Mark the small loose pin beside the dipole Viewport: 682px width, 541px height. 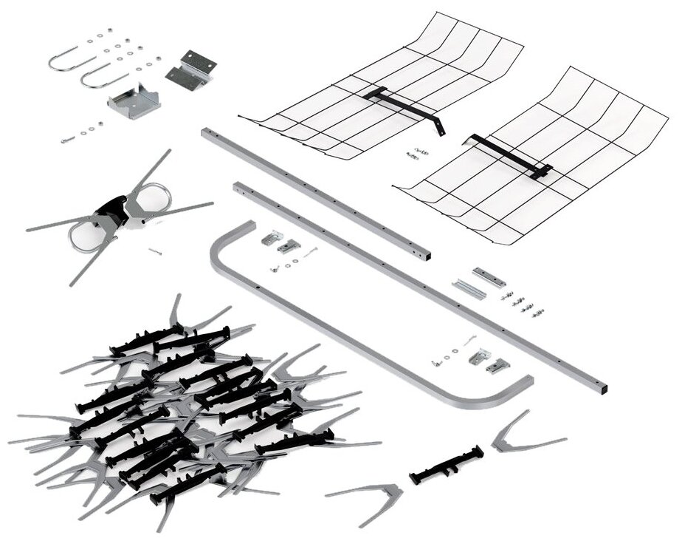point(154,252)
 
